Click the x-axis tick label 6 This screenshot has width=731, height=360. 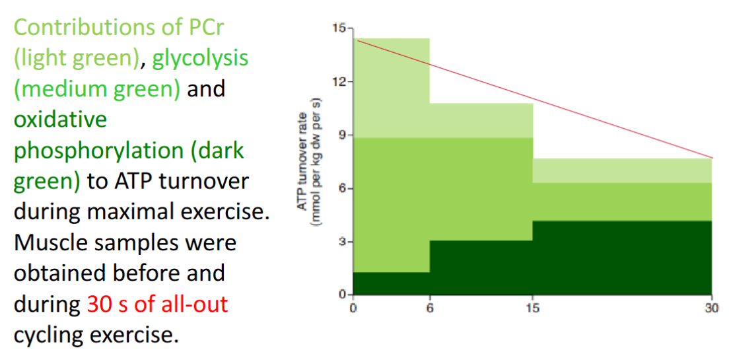pos(429,308)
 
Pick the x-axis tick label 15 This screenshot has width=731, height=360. pos(533,308)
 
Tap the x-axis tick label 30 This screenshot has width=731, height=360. pos(712,308)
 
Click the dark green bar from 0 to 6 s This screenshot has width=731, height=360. pos(392,283)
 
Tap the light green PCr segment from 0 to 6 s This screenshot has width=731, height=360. pos(392,88)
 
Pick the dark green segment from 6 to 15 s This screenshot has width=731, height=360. pos(481,268)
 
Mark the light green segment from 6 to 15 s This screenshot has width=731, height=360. pos(481,121)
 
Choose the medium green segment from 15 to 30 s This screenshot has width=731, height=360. pos(623,202)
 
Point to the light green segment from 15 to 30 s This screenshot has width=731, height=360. pos(623,170)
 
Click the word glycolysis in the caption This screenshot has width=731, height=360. pos(200,59)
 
